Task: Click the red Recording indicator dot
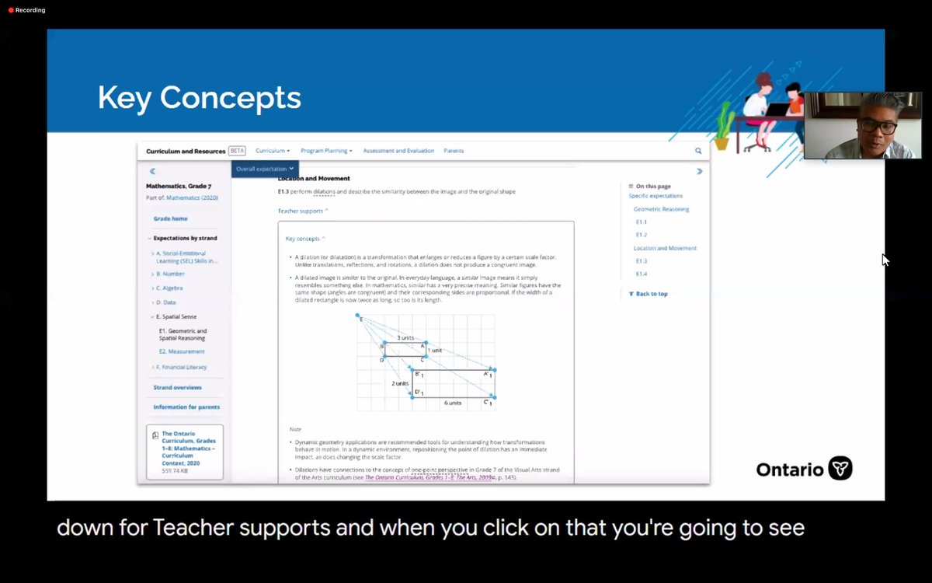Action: pos(11,10)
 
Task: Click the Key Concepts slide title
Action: pos(199,98)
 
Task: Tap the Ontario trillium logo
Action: pos(840,469)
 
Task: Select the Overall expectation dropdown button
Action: pos(265,168)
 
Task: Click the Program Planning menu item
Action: pos(326,151)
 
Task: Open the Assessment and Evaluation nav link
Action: pos(398,151)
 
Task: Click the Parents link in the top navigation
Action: pos(454,151)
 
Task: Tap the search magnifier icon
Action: pos(698,151)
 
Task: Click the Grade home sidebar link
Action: pos(170,218)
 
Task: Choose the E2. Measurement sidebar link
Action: pos(182,351)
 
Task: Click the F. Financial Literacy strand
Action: pos(181,367)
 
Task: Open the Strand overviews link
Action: pos(177,387)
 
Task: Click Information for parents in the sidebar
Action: pos(186,407)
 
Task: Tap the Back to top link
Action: pos(651,294)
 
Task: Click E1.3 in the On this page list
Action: pos(642,261)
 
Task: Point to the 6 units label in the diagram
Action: pos(453,403)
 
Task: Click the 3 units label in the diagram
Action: pos(405,338)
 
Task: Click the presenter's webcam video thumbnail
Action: pos(862,125)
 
